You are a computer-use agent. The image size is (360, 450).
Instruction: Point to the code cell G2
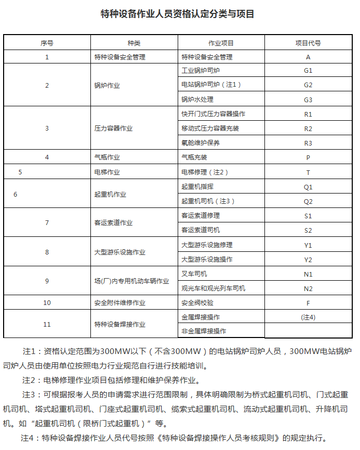308,85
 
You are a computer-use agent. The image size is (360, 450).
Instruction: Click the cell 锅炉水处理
197,99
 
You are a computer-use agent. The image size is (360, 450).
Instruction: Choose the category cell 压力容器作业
113,128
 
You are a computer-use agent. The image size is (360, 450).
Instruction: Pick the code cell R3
308,143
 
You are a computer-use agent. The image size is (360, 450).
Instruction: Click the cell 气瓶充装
194,157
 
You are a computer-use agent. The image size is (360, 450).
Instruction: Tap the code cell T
308,172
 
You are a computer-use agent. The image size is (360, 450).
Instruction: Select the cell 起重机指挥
197,186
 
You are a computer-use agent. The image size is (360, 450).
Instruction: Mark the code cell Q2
308,201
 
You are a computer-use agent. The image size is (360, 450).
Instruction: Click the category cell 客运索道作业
113,223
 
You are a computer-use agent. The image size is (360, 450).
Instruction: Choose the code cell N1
308,274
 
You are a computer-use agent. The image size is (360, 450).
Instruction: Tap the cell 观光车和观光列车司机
213,288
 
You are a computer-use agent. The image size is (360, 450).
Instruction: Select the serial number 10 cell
47,302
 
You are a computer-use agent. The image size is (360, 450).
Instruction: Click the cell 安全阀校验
197,302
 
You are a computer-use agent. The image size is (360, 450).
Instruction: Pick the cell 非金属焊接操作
204,331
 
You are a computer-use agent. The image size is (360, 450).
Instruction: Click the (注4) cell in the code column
308,317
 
